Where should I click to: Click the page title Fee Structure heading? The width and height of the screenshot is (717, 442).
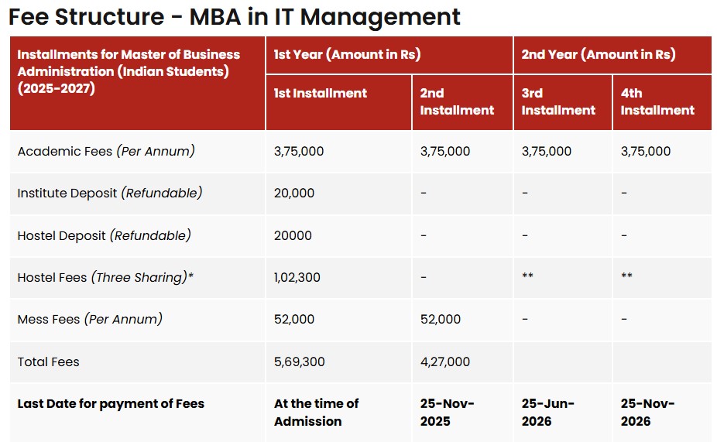click(x=234, y=16)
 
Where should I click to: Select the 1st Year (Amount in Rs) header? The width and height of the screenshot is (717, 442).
click(x=347, y=54)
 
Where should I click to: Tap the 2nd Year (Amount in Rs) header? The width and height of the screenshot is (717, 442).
click(x=598, y=54)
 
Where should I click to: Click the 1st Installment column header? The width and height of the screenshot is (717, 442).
click(x=320, y=93)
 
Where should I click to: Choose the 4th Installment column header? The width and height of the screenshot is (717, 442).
click(x=657, y=101)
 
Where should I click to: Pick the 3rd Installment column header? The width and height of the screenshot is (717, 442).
click(x=558, y=101)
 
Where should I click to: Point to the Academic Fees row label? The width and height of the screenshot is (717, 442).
click(x=106, y=151)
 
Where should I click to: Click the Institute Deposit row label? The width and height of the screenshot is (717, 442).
click(x=109, y=193)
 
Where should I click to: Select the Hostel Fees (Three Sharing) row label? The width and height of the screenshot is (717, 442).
click(x=105, y=277)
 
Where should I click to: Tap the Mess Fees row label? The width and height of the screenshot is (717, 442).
click(x=90, y=319)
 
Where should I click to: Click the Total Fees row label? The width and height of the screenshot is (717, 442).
click(x=48, y=361)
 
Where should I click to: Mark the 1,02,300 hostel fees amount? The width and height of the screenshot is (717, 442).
click(x=297, y=277)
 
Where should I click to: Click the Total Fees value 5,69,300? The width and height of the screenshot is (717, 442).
click(x=298, y=361)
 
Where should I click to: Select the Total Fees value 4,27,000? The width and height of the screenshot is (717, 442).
click(x=444, y=361)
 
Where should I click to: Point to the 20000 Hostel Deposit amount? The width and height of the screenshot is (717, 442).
click(x=293, y=235)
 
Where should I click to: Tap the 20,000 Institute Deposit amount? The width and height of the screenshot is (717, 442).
click(x=294, y=193)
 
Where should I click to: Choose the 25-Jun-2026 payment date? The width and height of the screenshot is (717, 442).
click(x=548, y=412)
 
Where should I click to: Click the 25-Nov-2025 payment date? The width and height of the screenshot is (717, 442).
click(x=447, y=412)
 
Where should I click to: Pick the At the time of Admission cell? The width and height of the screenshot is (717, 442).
click(x=316, y=412)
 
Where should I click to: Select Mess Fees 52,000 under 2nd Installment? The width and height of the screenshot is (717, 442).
click(x=440, y=319)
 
